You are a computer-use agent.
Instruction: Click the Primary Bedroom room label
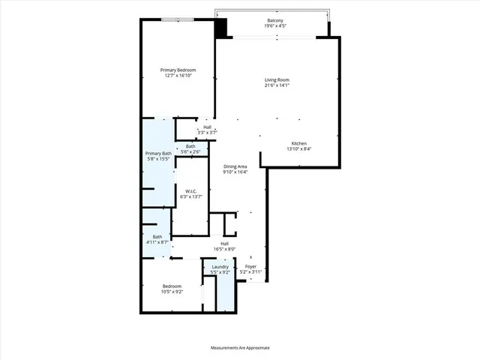178,70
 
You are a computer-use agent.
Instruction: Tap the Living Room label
277,79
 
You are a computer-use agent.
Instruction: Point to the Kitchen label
299,143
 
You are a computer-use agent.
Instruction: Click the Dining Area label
235,166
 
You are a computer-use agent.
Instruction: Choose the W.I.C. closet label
191,191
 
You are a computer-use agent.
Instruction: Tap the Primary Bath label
158,154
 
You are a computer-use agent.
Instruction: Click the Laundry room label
220,267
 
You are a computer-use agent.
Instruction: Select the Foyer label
250,267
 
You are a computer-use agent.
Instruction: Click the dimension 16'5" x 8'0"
224,249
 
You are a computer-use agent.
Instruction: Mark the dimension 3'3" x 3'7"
207,133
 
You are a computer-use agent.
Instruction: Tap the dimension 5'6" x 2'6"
190,151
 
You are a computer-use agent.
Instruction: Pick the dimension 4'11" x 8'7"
157,242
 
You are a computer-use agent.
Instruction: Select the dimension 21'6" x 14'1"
277,85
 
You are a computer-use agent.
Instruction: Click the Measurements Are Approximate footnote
240,348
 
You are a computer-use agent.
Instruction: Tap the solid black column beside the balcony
221,28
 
